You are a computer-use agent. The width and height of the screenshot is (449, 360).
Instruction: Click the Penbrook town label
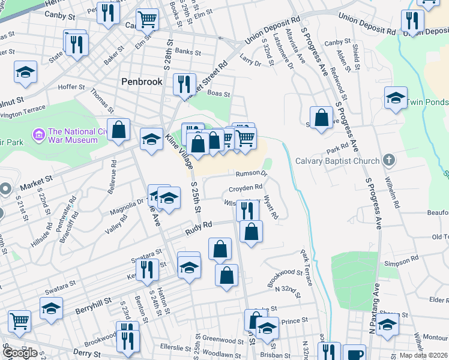pos(141,81)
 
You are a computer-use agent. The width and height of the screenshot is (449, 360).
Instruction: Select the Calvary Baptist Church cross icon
pos(389,160)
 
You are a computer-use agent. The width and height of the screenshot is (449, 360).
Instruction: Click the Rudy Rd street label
pos(199,226)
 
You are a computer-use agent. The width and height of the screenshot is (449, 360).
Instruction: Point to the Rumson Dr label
pos(250,174)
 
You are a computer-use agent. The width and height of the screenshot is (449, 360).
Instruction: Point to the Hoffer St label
pos(71,87)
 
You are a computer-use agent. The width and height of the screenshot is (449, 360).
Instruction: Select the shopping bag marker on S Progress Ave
pos(321,118)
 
